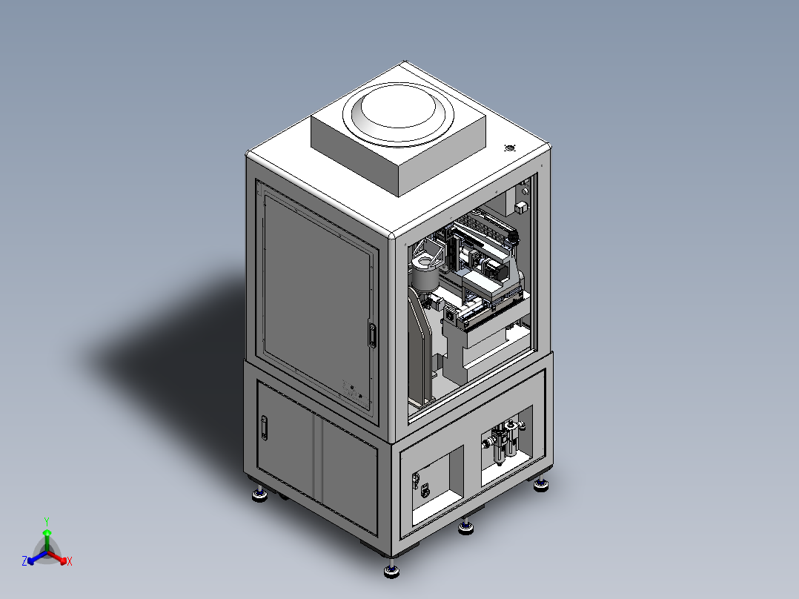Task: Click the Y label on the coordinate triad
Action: pyautogui.click(x=47, y=521)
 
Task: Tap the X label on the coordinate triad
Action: pyautogui.click(x=70, y=561)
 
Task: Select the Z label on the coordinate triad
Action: pyautogui.click(x=24, y=560)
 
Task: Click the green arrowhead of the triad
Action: pyautogui.click(x=47, y=532)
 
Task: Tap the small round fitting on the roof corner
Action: pyautogui.click(x=509, y=148)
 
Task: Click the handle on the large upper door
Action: pyautogui.click(x=372, y=335)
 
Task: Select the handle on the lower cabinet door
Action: pyautogui.click(x=264, y=428)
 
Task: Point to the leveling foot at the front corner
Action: pyautogui.click(x=391, y=571)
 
